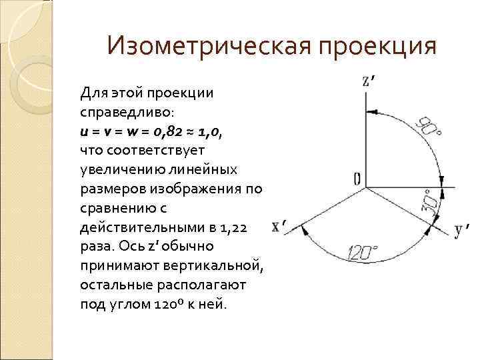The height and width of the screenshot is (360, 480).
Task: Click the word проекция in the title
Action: point(378,47)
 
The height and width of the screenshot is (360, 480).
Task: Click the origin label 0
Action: point(357,179)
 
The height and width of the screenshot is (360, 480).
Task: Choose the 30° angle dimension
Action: point(430,201)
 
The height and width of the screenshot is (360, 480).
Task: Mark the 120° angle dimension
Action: point(362,253)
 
